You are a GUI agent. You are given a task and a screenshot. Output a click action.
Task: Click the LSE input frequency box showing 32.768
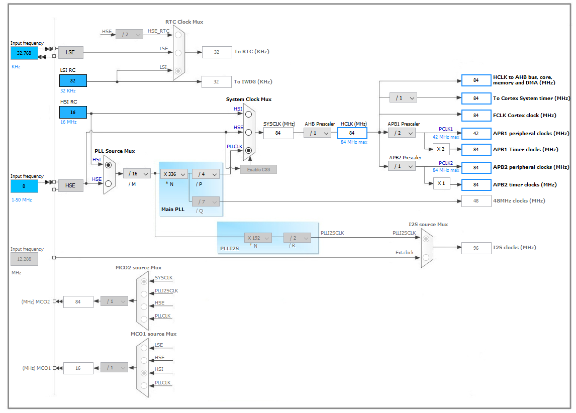[x=24, y=53]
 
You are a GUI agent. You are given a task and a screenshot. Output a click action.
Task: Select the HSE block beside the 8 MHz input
[x=70, y=185]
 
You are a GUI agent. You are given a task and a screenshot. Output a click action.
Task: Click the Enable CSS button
[x=258, y=170]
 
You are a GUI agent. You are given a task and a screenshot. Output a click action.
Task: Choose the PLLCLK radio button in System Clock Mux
[x=249, y=150]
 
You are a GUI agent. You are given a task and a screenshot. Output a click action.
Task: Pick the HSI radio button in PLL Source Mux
[x=109, y=165]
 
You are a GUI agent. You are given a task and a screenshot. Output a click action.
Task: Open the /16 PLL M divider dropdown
[x=137, y=174]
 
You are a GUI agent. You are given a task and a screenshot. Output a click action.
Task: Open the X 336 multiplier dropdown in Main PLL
[x=174, y=174]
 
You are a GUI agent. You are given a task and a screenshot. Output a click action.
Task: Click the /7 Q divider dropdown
[x=206, y=201]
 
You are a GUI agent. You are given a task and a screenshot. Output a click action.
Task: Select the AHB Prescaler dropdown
[x=317, y=133]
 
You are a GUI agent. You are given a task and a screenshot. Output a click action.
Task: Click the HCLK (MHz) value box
[x=352, y=133]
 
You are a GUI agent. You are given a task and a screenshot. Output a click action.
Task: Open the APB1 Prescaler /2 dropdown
[x=402, y=133]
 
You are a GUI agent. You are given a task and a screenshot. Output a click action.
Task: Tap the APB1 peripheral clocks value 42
[x=476, y=133]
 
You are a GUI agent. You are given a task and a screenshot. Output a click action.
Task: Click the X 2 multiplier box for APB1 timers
[x=441, y=149]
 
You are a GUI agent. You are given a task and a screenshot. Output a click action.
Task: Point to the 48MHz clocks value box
[x=476, y=201]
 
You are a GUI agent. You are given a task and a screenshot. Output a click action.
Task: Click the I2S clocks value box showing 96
[x=476, y=248]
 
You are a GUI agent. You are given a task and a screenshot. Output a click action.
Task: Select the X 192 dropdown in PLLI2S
[x=258, y=238]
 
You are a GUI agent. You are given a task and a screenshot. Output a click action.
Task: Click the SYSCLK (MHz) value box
[x=278, y=133]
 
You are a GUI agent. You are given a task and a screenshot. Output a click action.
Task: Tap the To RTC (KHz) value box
[x=217, y=52]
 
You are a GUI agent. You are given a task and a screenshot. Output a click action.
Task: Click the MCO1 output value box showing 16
[x=78, y=368]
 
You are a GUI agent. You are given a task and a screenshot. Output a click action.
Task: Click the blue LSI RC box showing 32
[x=73, y=81]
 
